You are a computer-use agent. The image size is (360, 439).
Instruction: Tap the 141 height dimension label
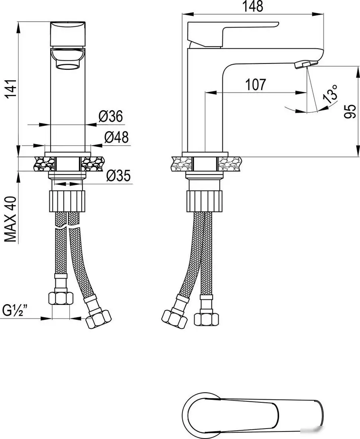(12, 89)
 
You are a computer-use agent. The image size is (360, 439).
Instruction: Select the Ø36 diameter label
(111, 116)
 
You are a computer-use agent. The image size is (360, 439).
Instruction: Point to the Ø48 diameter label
(117, 137)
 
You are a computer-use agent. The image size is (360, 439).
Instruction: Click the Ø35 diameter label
(118, 176)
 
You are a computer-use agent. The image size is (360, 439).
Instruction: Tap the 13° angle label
(330, 94)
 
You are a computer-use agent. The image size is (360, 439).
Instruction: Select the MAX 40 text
(12, 219)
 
